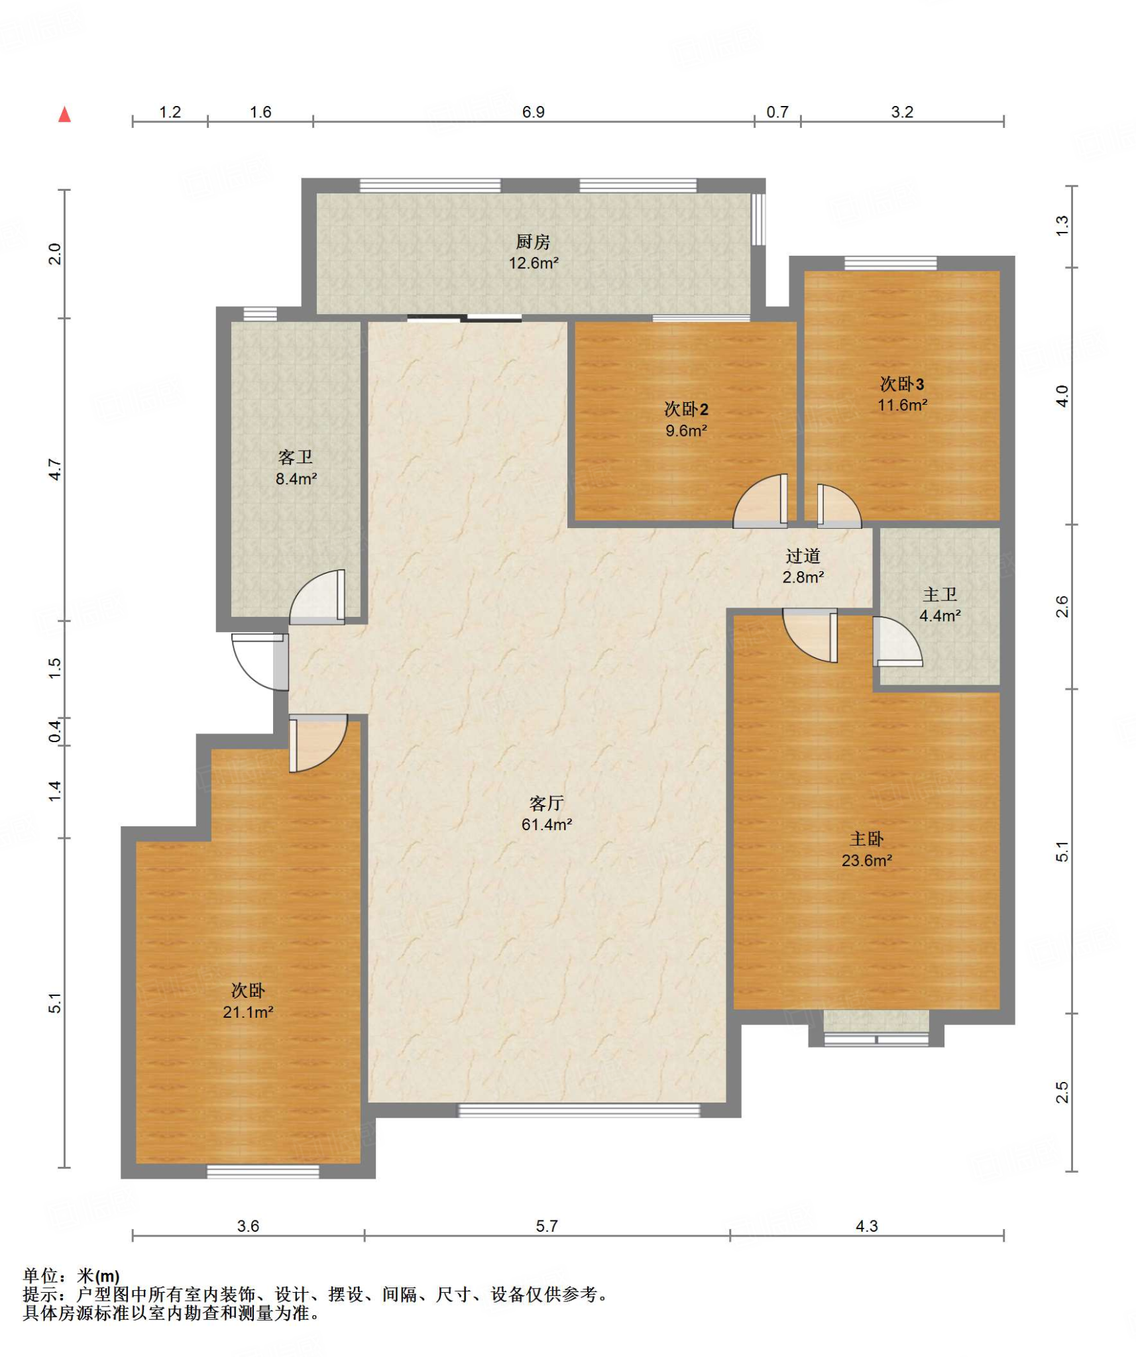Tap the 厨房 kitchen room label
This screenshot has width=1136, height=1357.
[533, 241]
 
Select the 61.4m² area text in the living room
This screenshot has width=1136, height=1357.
[546, 824]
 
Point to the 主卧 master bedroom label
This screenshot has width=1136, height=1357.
[866, 839]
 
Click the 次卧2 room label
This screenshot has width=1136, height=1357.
[686, 409]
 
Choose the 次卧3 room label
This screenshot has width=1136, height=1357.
[901, 384]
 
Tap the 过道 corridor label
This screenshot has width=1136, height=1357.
[803, 555]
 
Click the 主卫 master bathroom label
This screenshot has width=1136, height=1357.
[939, 594]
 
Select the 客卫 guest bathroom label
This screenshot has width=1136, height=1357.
[295, 457]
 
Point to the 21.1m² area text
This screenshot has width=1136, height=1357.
[248, 1012]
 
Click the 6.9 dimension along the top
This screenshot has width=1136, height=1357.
[533, 111]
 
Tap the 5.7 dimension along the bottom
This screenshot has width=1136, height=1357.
[546, 1226]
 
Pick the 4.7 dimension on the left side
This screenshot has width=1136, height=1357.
[55, 470]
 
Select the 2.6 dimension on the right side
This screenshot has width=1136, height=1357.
[1062, 606]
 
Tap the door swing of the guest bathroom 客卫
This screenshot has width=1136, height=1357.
[317, 596]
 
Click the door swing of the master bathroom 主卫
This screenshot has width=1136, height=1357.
[897, 641]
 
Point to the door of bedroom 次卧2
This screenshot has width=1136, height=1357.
[760, 501]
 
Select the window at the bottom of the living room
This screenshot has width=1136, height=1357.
[579, 1111]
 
